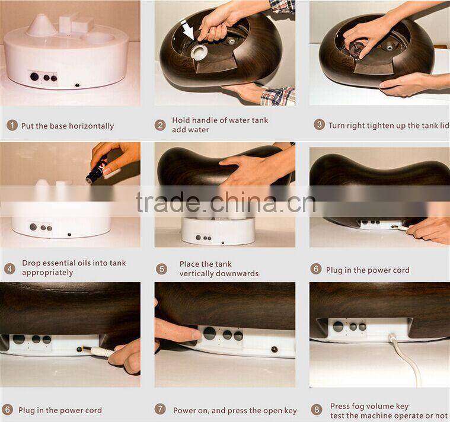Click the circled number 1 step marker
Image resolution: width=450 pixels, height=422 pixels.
pos(12,126)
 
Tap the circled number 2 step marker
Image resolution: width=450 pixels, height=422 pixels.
pos(160,125)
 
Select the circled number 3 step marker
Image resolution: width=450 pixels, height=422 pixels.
pos(319,124)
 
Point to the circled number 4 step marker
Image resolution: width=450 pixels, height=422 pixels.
pos(9,268)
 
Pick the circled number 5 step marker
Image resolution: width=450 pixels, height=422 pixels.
pos(161,268)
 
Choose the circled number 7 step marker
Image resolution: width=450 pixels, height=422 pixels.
pos(160,410)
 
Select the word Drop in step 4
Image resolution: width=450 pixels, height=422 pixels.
pos(31,263)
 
